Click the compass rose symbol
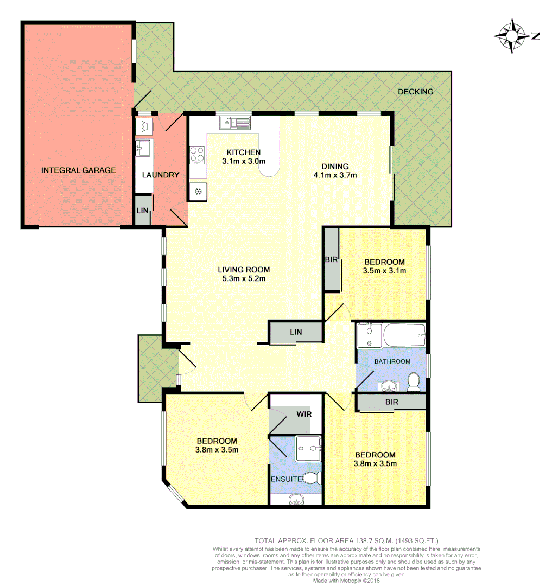click(x=512, y=36)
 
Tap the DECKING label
click(x=415, y=92)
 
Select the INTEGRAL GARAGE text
click(x=78, y=170)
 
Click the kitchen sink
click(x=234, y=123)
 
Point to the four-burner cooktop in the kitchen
click(x=197, y=155)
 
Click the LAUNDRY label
click(x=160, y=175)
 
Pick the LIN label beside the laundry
click(x=142, y=209)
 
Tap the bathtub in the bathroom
click(x=404, y=335)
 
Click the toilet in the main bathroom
click(x=414, y=381)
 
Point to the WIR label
click(x=304, y=413)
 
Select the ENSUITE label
click(x=287, y=479)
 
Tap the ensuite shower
click(x=308, y=449)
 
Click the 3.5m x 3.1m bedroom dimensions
click(x=385, y=270)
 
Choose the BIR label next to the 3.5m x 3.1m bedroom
click(x=331, y=260)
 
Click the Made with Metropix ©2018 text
click(x=347, y=580)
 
